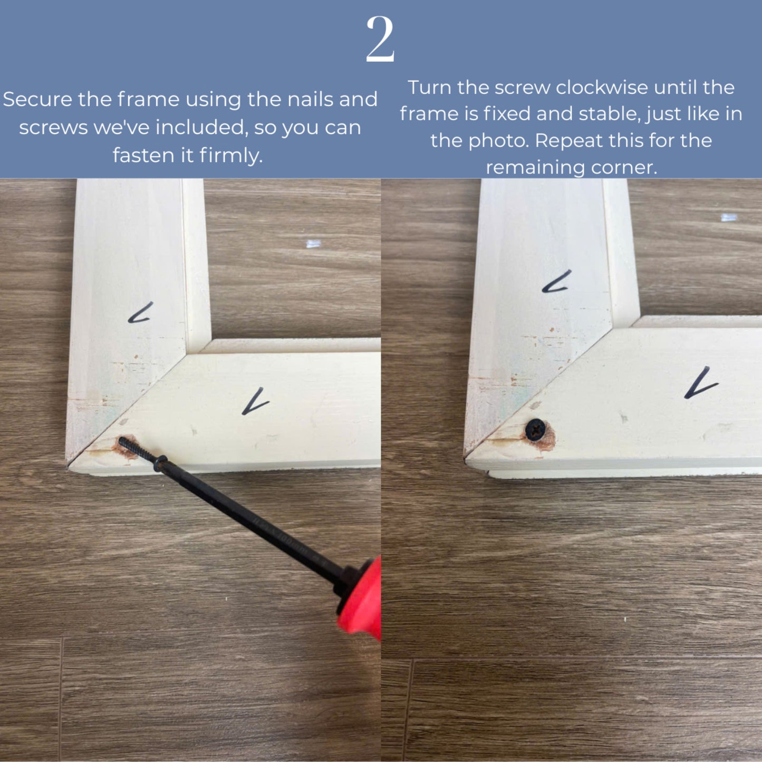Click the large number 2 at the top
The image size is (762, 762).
380,39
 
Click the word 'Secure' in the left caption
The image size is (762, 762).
38,99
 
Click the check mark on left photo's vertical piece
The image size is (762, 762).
140,313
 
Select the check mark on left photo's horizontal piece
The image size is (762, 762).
255,402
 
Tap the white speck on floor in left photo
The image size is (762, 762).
313,244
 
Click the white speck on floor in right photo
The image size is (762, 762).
729,217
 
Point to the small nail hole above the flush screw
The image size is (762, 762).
535,406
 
